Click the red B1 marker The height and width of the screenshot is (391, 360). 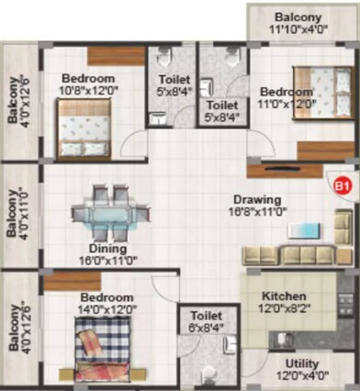click(x=343, y=186)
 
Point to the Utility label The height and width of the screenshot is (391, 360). click(x=302, y=363)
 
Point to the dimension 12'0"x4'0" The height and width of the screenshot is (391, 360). click(x=302, y=376)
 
